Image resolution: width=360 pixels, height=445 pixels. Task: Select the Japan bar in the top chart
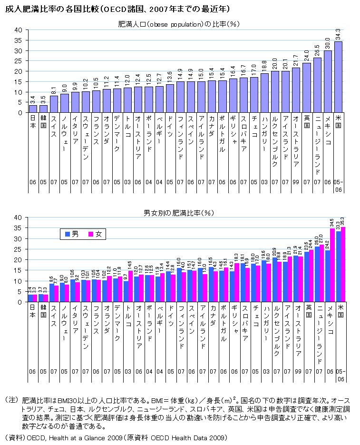point(33,109)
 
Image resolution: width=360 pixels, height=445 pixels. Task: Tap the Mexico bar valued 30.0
point(328,81)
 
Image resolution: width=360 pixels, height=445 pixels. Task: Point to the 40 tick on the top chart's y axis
point(19,30)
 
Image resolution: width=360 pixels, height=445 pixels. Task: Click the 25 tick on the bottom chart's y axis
point(19,249)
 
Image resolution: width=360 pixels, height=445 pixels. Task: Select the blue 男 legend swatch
point(68,234)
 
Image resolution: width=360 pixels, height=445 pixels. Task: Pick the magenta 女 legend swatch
point(91,234)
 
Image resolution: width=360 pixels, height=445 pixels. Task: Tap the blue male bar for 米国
point(338,267)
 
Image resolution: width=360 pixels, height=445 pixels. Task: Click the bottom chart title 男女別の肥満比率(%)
point(178,212)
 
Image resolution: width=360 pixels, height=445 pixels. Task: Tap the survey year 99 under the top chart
point(296,182)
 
